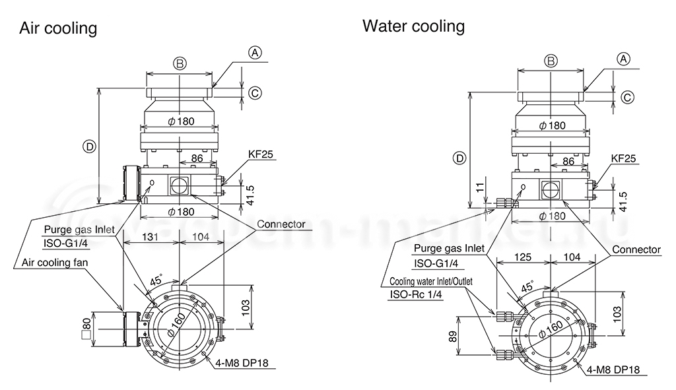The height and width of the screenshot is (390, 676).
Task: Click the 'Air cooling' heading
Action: pyautogui.click(x=58, y=28)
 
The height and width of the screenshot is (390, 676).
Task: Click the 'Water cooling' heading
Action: pyautogui.click(x=413, y=26)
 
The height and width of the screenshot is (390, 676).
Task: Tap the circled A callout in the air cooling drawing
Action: pyautogui.click(x=255, y=53)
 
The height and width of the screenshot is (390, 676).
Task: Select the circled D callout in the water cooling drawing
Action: pyautogui.click(x=460, y=158)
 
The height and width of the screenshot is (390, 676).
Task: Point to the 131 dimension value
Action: pyautogui.click(x=150, y=237)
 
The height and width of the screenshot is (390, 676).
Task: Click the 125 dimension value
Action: pyautogui.click(x=523, y=257)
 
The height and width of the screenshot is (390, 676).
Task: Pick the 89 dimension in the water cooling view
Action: pyautogui.click(x=453, y=336)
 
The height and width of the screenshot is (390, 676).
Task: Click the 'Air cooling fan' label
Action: pyautogui.click(x=55, y=262)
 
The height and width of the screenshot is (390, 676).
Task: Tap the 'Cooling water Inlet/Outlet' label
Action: pyautogui.click(x=430, y=281)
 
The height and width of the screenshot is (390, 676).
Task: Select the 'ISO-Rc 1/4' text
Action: pyautogui.click(x=416, y=294)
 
